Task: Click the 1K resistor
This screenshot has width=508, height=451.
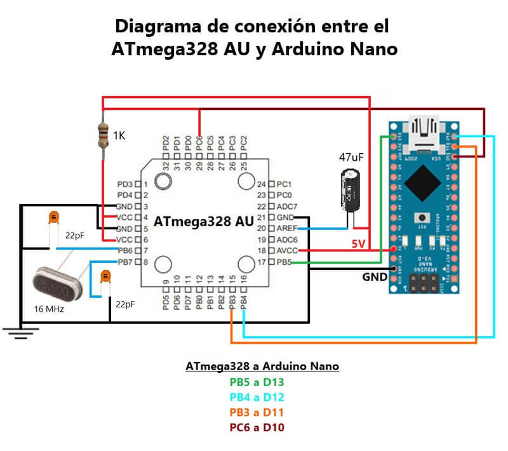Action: tap(104, 135)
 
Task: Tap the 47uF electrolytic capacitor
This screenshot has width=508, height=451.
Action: tap(351, 189)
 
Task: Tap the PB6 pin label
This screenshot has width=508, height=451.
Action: tap(124, 250)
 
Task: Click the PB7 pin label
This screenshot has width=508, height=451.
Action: tap(124, 262)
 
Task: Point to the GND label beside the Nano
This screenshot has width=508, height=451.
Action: tap(375, 278)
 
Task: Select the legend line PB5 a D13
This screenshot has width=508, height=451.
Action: tap(257, 382)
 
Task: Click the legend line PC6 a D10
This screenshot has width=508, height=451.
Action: tap(257, 427)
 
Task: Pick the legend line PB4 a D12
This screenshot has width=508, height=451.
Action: tap(257, 397)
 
